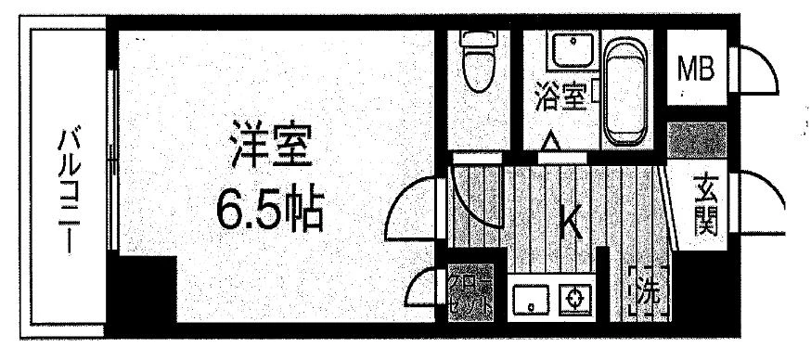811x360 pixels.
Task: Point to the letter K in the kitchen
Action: click(570, 223)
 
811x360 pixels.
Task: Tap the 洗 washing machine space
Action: click(649, 292)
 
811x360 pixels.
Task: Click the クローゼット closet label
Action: click(470, 293)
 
